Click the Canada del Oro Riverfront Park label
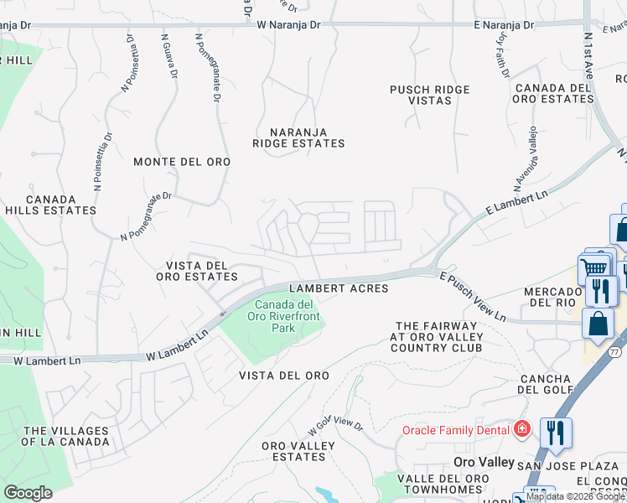285,316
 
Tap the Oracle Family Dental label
456,430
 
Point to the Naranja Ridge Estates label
298,137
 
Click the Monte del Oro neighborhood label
182,162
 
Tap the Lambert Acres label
339,288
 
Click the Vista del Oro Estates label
192,271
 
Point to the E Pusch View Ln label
473,295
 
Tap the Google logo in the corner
28,493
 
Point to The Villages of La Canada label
65,436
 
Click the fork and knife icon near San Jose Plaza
556,433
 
